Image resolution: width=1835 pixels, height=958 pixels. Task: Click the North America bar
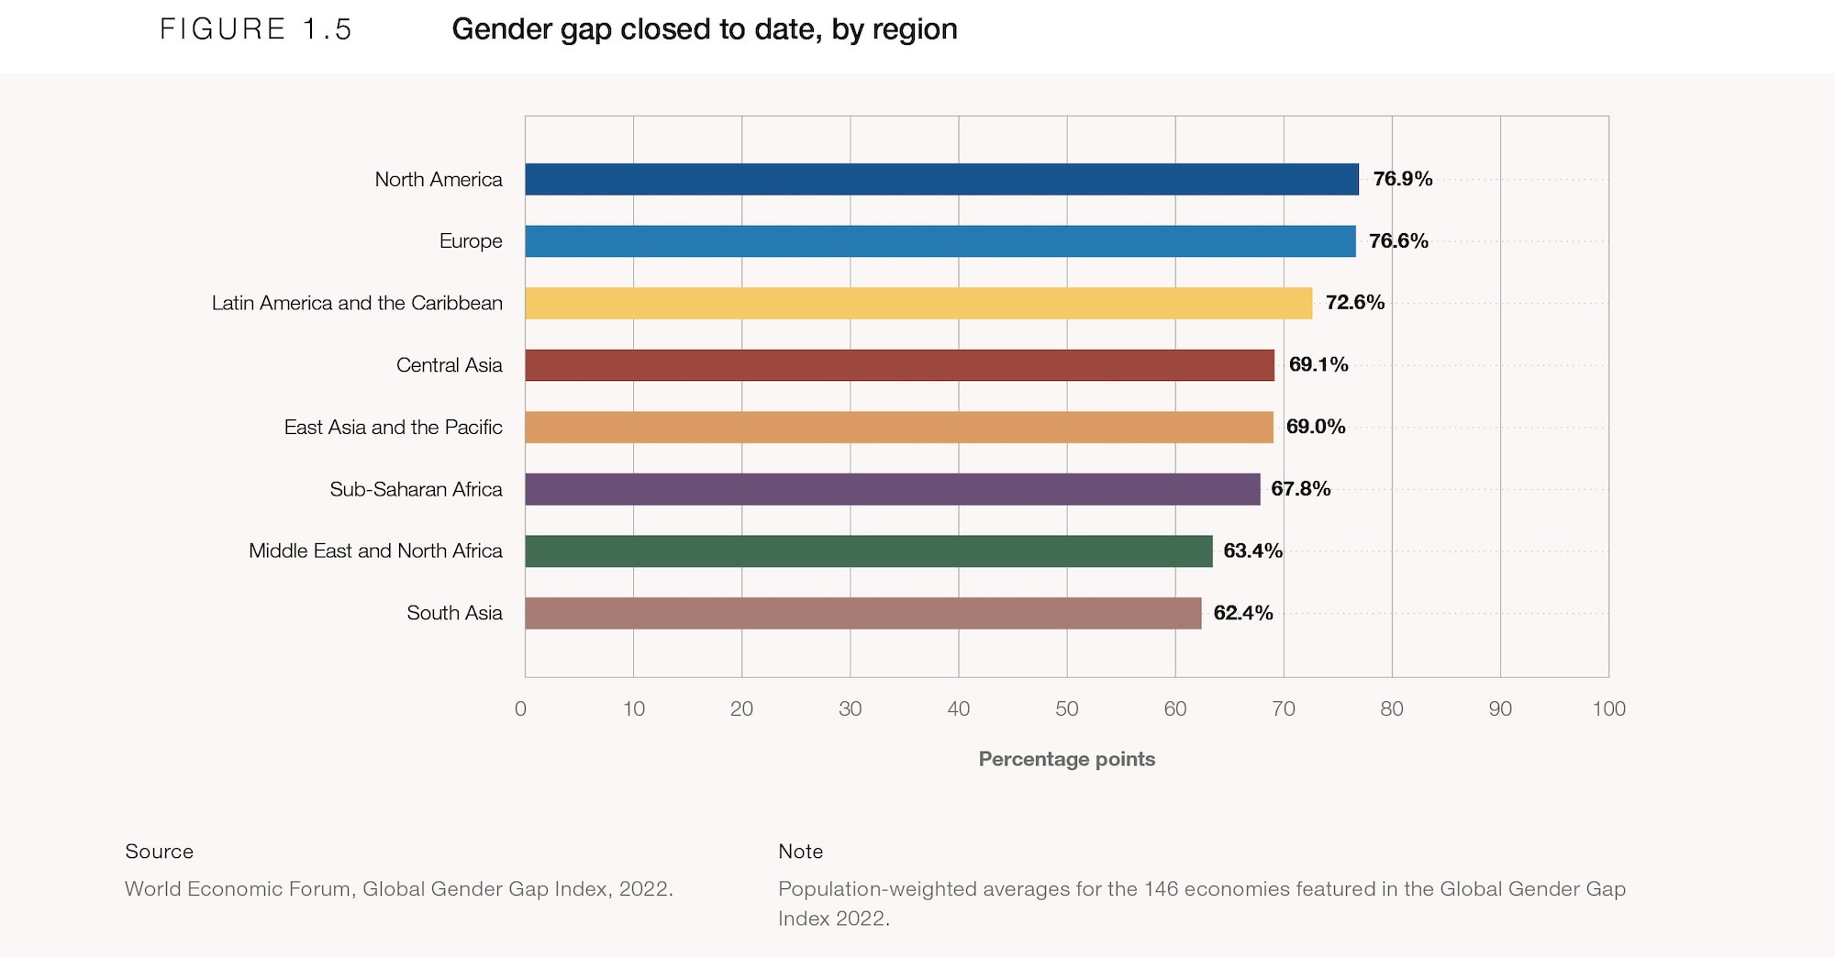[x=941, y=179]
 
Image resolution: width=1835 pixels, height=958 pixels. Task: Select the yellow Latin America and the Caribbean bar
[x=918, y=303]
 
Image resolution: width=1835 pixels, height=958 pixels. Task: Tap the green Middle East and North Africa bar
[x=868, y=551]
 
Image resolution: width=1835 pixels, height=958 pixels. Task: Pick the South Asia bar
[x=862, y=613]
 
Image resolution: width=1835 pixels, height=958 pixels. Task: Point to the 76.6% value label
[x=1398, y=241]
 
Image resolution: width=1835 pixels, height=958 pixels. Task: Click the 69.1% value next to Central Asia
[x=1318, y=365]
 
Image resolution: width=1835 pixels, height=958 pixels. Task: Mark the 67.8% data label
[x=1300, y=489]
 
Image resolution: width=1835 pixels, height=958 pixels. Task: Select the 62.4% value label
[x=1242, y=613]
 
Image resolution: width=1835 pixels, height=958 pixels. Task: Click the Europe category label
[x=471, y=241]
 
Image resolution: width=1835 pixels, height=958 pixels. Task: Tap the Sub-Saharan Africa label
[x=416, y=489]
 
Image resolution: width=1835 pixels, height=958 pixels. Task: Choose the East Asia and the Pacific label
[x=393, y=428]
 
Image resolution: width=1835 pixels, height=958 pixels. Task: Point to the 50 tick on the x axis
[x=1066, y=708]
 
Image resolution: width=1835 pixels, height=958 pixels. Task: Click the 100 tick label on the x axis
[x=1608, y=708]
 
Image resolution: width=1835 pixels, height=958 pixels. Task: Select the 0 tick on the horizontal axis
[x=521, y=708]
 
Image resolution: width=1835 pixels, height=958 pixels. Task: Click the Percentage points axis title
[x=1066, y=759]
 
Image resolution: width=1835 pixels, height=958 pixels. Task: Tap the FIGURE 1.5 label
[x=256, y=29]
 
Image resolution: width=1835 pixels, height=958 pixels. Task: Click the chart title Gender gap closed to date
[x=704, y=29]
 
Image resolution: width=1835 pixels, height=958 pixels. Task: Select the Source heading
[x=159, y=852]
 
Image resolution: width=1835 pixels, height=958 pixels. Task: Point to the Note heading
[x=800, y=852]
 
